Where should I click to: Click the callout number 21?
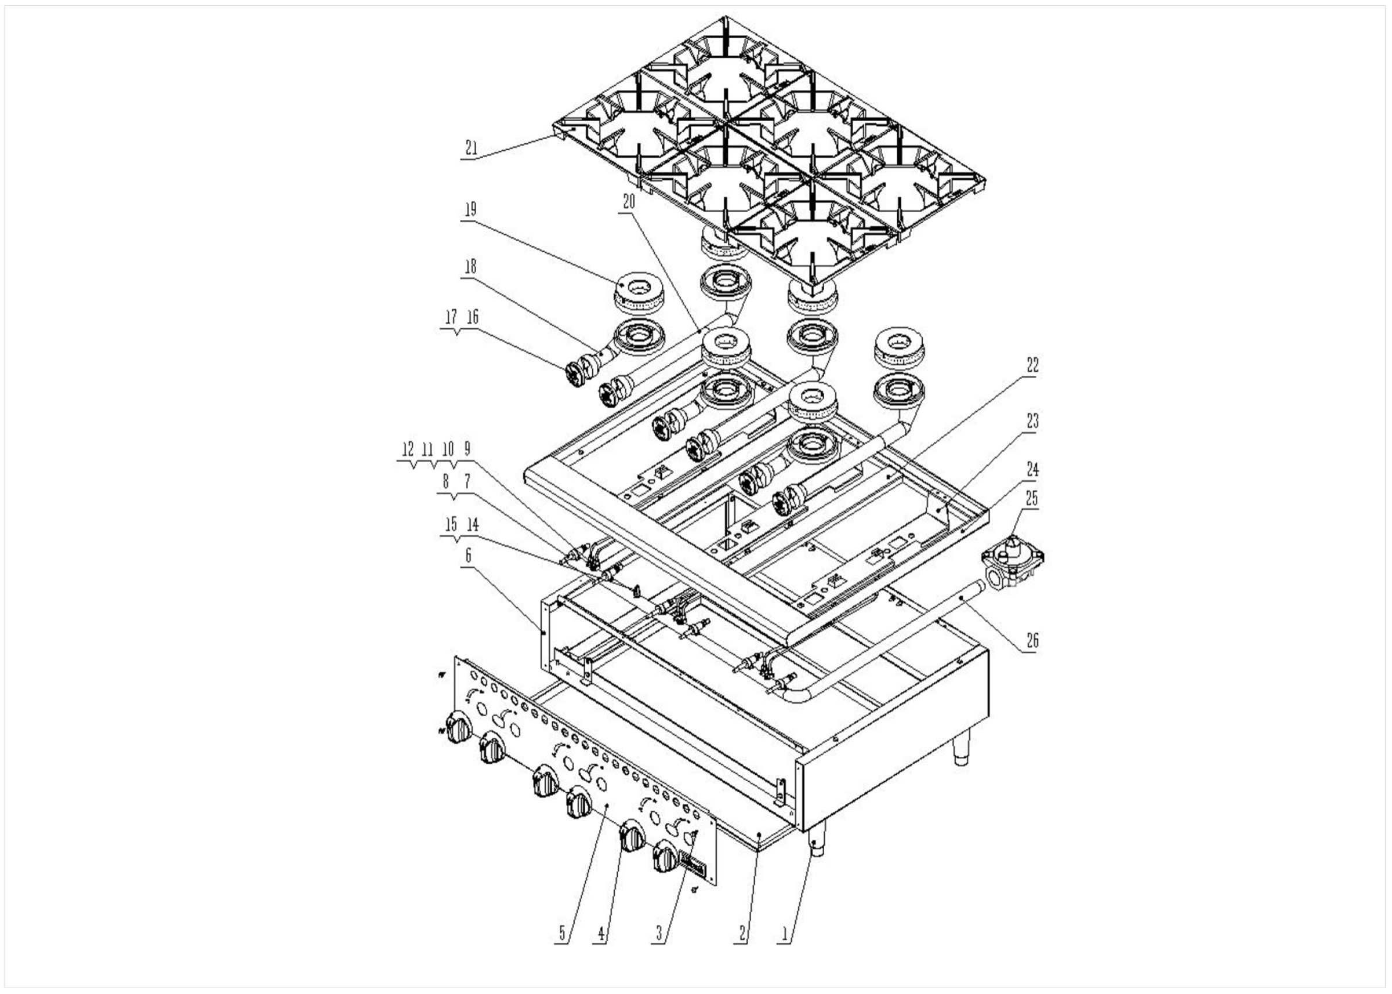click(471, 148)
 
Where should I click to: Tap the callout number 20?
click(629, 202)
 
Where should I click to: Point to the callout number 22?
click(1032, 366)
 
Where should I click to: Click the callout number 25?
click(1032, 499)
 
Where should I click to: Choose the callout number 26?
click(1032, 641)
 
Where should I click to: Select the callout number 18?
click(470, 267)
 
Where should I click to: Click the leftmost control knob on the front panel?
click(460, 728)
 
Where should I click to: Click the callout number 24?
click(1032, 470)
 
